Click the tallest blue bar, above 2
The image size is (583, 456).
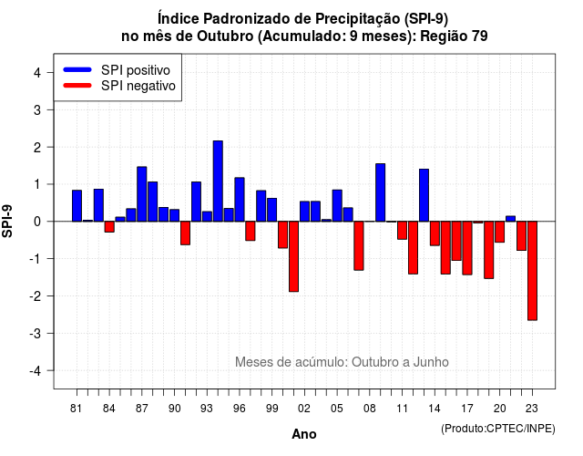218,181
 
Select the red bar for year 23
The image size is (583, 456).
532,271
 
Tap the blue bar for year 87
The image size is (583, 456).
142,194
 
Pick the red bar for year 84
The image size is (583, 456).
109,227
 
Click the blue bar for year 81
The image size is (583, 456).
77,206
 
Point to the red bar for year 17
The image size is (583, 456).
467,248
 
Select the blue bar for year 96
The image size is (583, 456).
240,200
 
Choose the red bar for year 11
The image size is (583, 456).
402,230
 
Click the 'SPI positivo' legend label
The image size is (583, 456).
136,70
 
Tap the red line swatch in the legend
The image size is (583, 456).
77,86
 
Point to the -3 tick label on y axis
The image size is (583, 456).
36,333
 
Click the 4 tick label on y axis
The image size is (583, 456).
37,73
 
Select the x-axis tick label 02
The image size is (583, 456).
304,409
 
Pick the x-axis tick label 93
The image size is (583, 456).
207,409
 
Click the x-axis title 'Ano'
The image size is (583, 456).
304,434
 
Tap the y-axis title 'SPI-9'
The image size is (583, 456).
7,221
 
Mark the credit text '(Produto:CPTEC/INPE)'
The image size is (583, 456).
498,429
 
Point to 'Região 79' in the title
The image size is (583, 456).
454,36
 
